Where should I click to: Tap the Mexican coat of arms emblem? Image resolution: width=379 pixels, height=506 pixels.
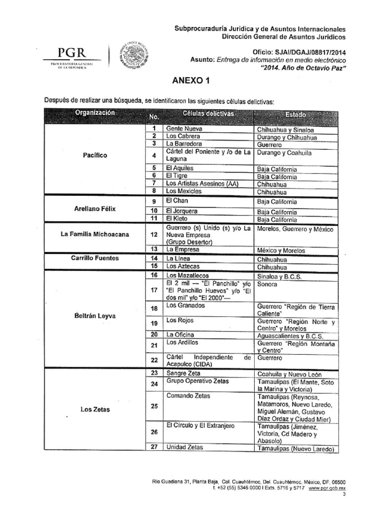click(x=130, y=57)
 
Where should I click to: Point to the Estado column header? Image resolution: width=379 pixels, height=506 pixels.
click(x=295, y=115)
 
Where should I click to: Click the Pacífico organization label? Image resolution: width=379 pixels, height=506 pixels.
click(x=95, y=155)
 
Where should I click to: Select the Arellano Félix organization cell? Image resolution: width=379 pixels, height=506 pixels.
click(x=95, y=209)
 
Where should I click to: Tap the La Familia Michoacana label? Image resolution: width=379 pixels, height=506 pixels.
click(x=95, y=234)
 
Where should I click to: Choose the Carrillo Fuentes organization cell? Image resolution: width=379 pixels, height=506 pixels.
click(x=95, y=258)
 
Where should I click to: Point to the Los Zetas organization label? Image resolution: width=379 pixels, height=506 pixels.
click(x=95, y=409)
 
